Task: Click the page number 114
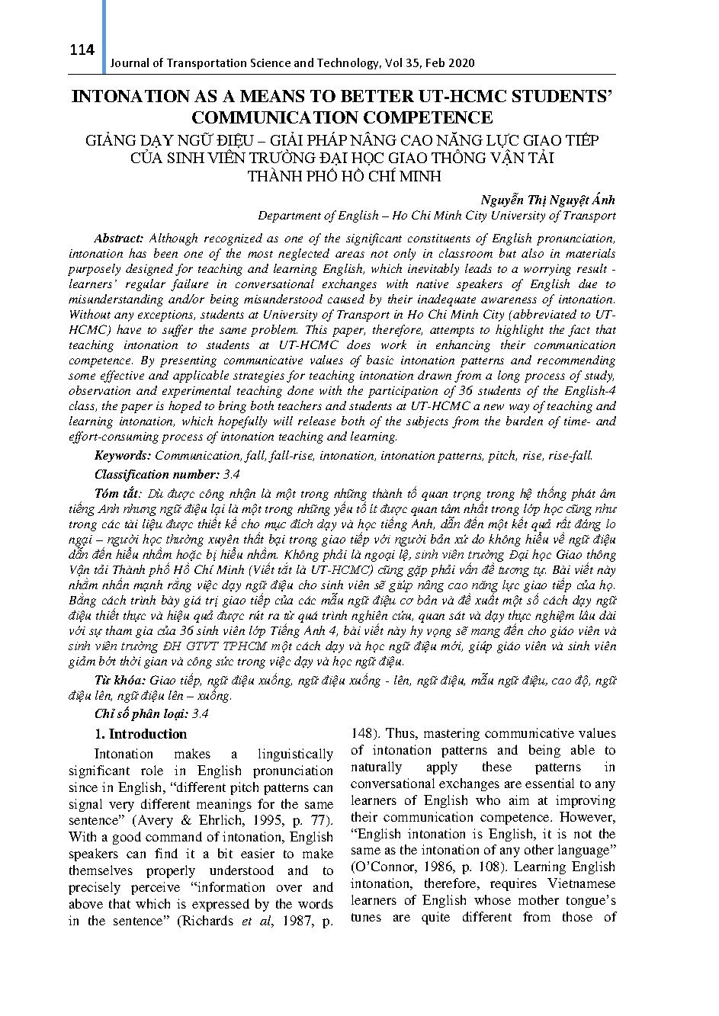pyautogui.click(x=81, y=50)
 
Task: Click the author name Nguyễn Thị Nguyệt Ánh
pyautogui.click(x=547, y=200)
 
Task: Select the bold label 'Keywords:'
pyautogui.click(x=122, y=455)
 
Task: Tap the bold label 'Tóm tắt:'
pyautogui.click(x=117, y=493)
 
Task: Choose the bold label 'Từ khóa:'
pyautogui.click(x=121, y=680)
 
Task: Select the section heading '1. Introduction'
pyautogui.click(x=140, y=734)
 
